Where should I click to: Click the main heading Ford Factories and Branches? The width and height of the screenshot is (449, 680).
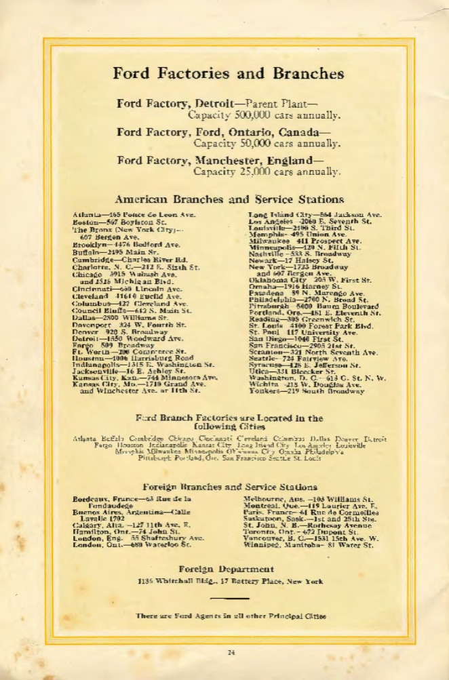(228, 73)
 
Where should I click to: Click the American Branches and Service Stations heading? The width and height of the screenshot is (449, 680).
(229, 200)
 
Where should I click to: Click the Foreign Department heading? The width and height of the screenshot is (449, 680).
(226, 569)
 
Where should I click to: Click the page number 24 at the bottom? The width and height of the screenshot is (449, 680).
(231, 652)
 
